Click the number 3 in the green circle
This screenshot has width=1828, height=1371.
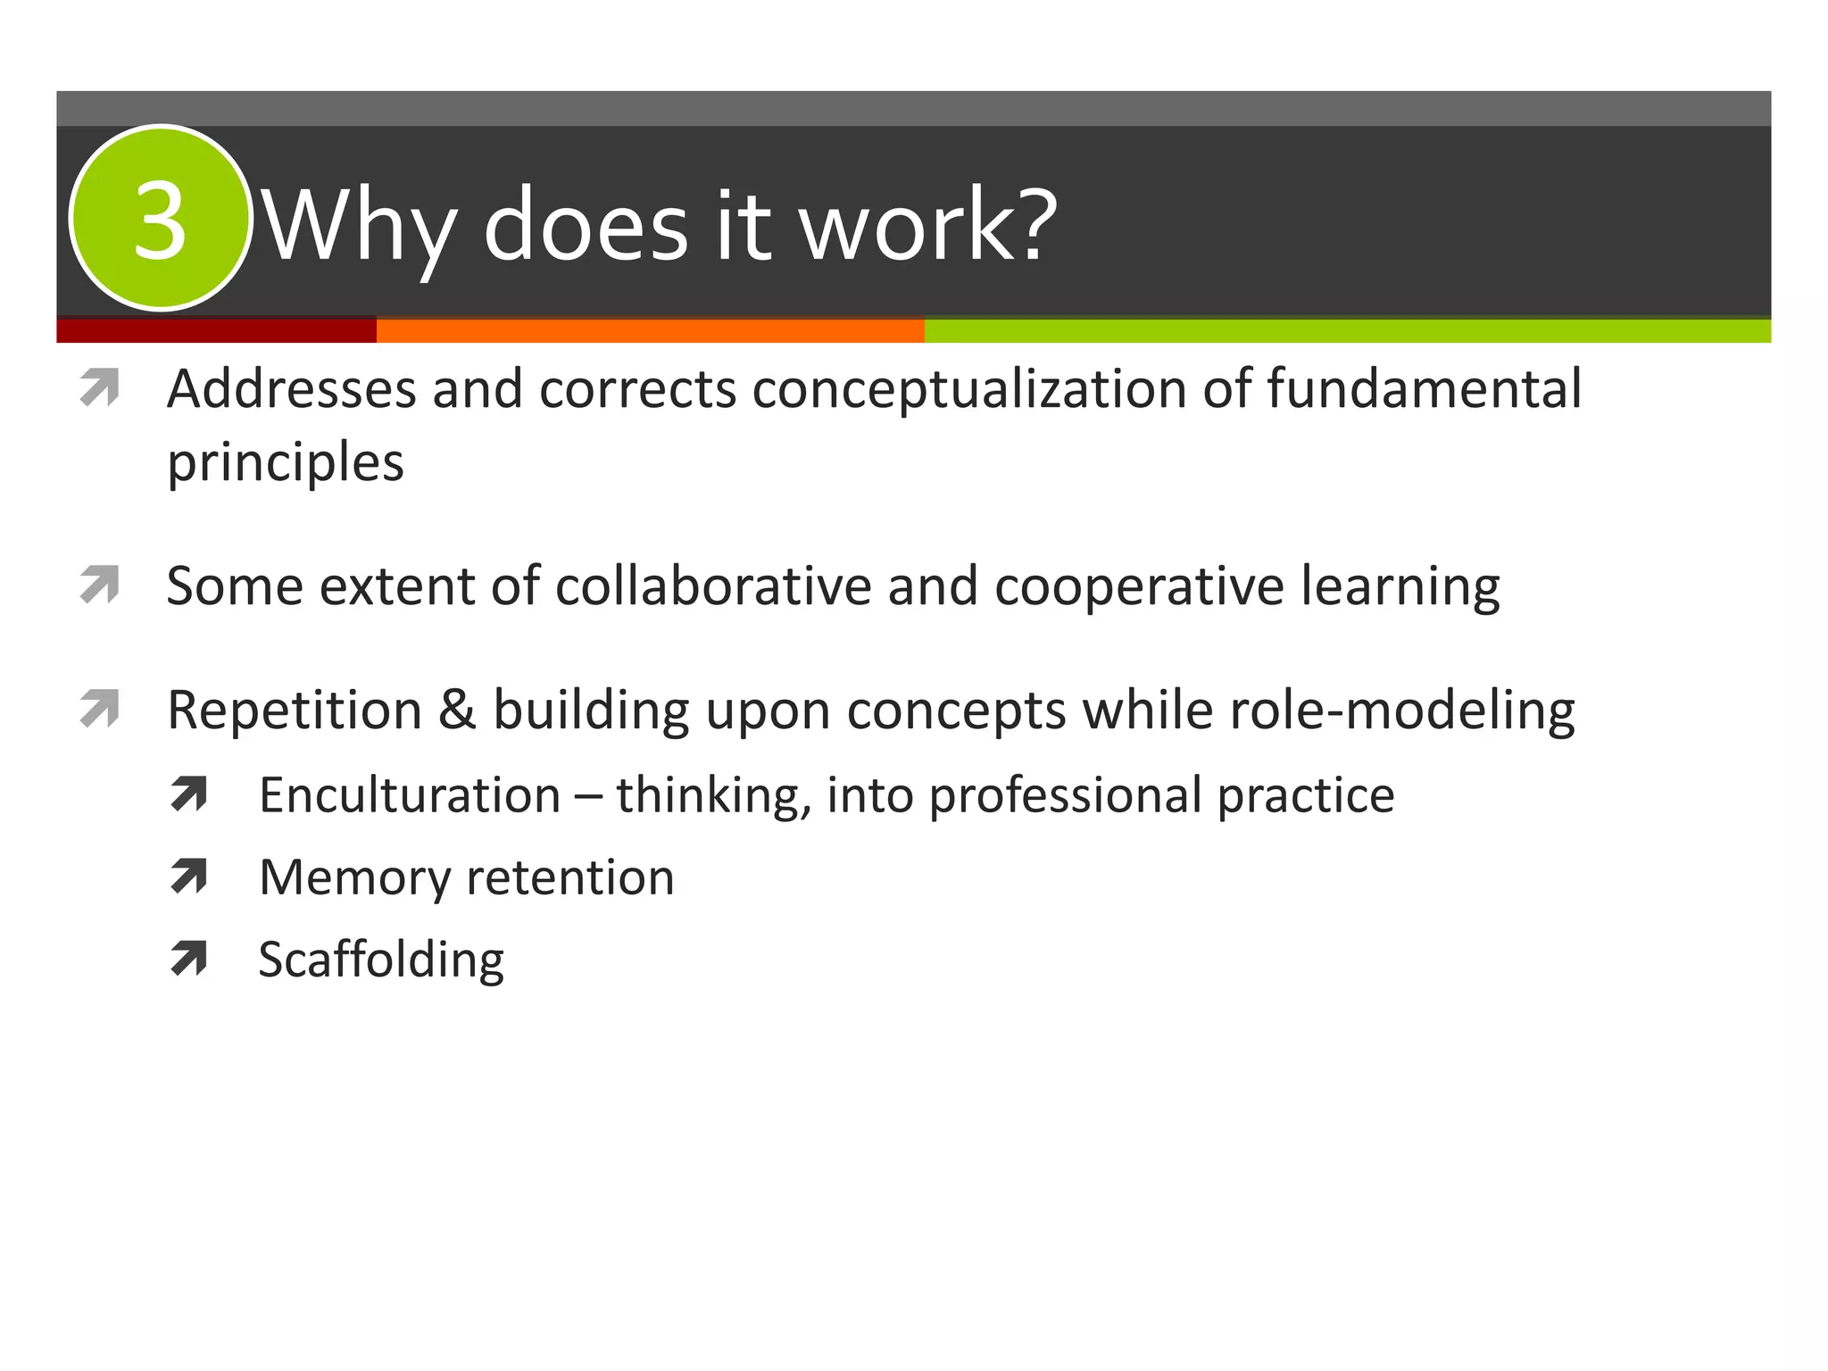(x=160, y=220)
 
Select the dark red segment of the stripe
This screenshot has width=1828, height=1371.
(x=216, y=330)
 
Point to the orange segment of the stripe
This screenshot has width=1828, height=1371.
(x=650, y=330)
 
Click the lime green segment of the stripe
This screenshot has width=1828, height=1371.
(x=1347, y=330)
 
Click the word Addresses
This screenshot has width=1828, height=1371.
(x=291, y=389)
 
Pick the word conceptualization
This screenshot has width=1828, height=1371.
(x=968, y=391)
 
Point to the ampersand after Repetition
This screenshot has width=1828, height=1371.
(x=457, y=710)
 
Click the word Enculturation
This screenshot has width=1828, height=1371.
(x=410, y=794)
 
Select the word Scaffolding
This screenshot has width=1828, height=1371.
(x=381, y=960)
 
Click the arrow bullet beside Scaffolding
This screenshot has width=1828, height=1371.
(x=188, y=959)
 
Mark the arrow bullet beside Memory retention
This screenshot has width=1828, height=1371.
(x=188, y=877)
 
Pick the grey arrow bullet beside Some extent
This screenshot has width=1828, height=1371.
(x=99, y=586)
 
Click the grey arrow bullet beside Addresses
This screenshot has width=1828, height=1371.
(x=99, y=388)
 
